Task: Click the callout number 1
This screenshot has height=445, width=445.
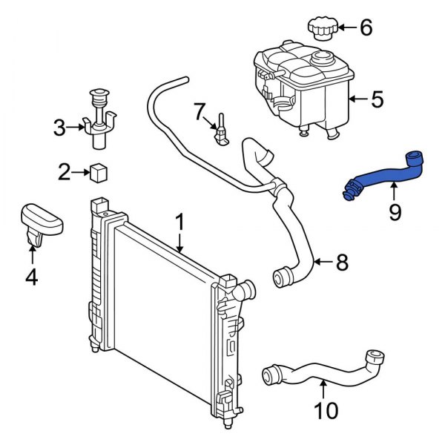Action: tap(179, 222)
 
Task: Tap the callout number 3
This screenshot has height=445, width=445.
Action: tap(59, 128)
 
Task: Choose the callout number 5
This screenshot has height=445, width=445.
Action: tap(377, 99)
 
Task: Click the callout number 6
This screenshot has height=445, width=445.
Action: tap(366, 29)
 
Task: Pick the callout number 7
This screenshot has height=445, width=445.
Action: tap(198, 112)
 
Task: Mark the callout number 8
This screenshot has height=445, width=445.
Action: tap(341, 261)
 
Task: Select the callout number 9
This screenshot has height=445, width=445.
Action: tap(395, 213)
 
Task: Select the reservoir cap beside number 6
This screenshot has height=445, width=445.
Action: tap(322, 30)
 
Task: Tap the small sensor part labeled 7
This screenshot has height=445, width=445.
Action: tap(222, 131)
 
